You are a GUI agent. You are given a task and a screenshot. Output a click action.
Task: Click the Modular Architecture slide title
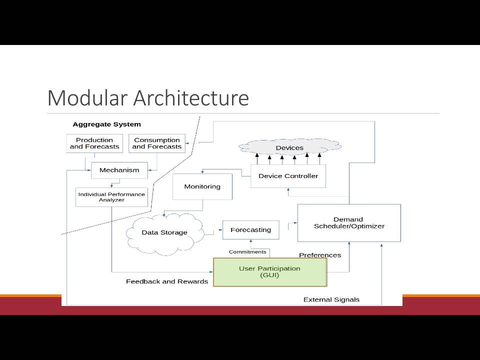tap(148, 98)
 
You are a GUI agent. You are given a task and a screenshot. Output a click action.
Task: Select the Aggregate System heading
tap(107, 124)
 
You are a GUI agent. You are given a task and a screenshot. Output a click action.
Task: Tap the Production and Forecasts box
tap(94, 143)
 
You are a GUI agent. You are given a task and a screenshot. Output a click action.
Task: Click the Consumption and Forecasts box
tap(156, 143)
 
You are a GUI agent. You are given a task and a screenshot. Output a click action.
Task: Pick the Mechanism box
tap(119, 170)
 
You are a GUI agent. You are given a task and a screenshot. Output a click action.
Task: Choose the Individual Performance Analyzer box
tap(111, 197)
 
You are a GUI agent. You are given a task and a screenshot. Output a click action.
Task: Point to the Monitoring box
tap(202, 186)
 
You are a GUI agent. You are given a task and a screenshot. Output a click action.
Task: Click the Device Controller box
tap(288, 176)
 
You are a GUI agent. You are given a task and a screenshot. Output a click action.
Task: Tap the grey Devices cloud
tap(289, 147)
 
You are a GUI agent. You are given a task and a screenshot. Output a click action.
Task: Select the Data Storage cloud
tap(164, 233)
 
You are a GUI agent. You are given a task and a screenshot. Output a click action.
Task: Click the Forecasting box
tap(250, 230)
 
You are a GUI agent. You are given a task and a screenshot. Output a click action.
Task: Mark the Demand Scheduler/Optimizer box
tap(349, 223)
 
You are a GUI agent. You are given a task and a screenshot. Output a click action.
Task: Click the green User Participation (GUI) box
tap(270, 272)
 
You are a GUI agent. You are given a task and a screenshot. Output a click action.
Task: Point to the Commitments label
tap(247, 252)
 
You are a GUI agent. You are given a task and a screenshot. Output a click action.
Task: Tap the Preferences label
tap(320, 255)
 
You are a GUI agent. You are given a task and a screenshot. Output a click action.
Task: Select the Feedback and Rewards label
tap(167, 281)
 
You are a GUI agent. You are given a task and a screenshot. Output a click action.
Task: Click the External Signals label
tap(331, 299)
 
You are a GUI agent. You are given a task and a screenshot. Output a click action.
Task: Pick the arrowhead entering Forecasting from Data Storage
tap(220, 229)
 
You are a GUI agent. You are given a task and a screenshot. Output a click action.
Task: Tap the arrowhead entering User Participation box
tap(211, 272)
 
